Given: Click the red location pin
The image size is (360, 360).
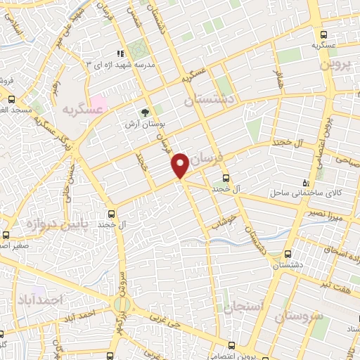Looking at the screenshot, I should point(180,165).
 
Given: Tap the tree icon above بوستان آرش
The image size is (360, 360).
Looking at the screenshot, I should point(146,112).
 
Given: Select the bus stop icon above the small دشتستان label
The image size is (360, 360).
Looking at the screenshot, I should point(287,255).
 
